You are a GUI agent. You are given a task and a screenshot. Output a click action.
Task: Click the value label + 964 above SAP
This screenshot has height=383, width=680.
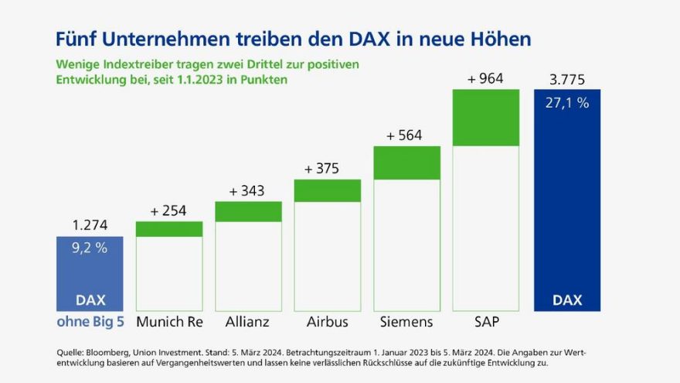click(486, 78)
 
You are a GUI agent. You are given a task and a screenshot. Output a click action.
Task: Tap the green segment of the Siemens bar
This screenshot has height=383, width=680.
click(406, 162)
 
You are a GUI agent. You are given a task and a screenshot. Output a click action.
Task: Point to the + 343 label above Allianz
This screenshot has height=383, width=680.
click(248, 190)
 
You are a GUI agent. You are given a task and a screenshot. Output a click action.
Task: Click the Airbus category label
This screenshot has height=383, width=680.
click(328, 321)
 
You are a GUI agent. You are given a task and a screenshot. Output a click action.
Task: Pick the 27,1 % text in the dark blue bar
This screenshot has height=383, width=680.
click(567, 103)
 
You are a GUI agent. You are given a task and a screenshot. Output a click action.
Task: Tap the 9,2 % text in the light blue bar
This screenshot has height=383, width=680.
click(90, 248)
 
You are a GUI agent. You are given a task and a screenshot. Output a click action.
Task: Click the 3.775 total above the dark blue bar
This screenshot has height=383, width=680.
click(567, 79)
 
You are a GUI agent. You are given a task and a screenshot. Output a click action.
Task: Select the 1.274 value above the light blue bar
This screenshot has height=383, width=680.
click(90, 226)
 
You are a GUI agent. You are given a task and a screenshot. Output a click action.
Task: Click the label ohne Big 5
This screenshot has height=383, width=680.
click(90, 321)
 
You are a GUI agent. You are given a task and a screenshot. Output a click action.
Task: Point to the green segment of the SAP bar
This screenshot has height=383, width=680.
click(486, 118)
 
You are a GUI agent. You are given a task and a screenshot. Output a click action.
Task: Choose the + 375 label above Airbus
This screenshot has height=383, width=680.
click(328, 169)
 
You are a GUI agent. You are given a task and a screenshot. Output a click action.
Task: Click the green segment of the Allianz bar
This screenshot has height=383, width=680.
click(248, 211)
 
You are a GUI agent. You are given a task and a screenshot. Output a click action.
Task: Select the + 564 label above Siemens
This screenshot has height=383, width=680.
click(406, 135)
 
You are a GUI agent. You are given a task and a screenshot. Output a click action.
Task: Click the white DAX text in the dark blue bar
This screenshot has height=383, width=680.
click(567, 299)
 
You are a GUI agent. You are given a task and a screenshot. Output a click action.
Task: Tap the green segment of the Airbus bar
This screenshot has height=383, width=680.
click(328, 190)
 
